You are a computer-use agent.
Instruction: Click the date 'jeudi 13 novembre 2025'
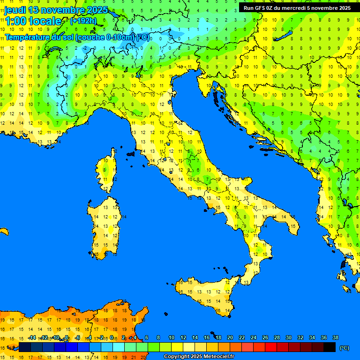coord(56,10)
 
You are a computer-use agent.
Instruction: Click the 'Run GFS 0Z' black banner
coord(297,8)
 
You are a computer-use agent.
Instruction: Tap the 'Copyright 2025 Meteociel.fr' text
coord(199,357)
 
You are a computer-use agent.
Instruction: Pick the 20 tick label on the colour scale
coord(230,338)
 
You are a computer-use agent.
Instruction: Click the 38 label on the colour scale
coord(335,338)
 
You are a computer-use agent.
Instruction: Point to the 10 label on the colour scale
coord(171,338)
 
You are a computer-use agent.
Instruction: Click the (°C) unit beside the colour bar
coord(344,348)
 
